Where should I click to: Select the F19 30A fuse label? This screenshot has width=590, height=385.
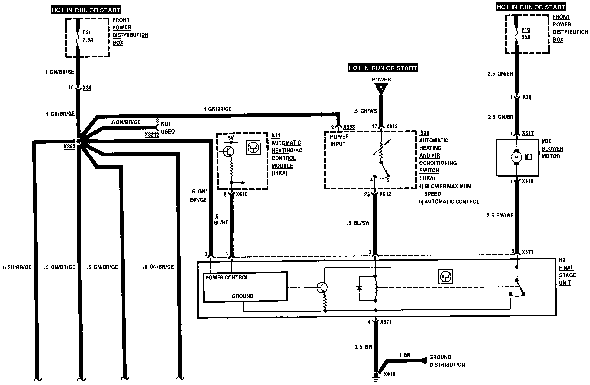(526, 33)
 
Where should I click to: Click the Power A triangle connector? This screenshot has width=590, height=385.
(381, 89)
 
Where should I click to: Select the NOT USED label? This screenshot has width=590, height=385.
(168, 128)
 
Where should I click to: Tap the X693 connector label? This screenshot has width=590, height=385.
(348, 127)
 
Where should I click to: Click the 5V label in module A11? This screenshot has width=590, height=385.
(231, 138)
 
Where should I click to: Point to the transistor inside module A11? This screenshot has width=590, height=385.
(229, 151)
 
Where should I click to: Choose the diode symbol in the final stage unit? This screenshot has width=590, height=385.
(359, 288)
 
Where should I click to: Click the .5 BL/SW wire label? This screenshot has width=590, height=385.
(358, 223)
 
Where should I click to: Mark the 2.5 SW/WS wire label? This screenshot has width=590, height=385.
(500, 216)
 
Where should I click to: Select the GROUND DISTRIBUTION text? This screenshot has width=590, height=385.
(447, 361)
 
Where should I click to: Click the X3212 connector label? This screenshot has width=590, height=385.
(152, 135)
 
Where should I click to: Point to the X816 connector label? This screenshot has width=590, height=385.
(528, 181)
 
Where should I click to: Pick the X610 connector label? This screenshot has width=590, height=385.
(242, 194)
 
